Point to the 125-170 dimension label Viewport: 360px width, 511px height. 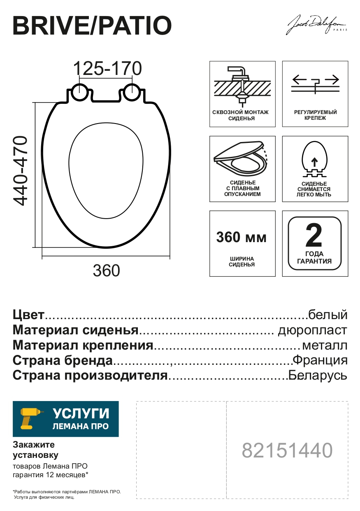[x=107, y=68]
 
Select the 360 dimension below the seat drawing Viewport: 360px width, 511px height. [x=106, y=271]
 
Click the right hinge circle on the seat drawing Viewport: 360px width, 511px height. [x=132, y=92]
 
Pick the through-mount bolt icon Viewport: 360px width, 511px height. [x=242, y=85]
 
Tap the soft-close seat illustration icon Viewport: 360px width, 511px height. [x=241, y=159]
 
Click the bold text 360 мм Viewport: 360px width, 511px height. [x=242, y=238]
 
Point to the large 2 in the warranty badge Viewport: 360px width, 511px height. [x=314, y=235]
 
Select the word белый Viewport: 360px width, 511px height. [x=327, y=315]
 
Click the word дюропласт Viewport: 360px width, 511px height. [x=313, y=330]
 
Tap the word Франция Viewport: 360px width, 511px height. [x=320, y=360]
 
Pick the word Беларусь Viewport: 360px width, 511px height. [x=318, y=376]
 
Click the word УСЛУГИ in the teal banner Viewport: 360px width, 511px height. [x=81, y=413]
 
